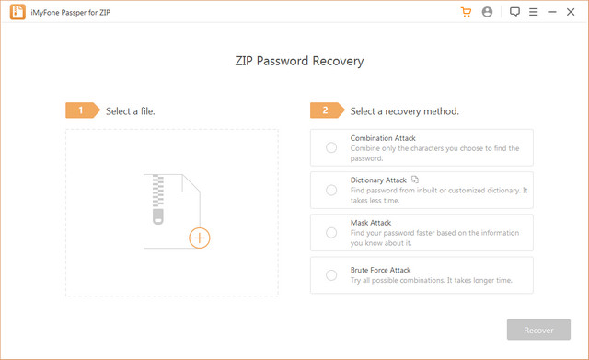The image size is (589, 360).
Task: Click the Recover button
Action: [538, 330]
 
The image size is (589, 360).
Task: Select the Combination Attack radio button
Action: [331, 147]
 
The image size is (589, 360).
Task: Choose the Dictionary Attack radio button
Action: [331, 190]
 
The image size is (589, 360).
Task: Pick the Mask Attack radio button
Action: [331, 232]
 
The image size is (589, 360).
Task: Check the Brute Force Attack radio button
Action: [331, 274]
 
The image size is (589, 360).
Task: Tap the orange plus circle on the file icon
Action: [200, 238]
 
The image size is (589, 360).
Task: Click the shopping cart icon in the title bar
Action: [466, 12]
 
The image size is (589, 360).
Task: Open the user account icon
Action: [487, 12]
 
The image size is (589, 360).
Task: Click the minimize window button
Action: [554, 12]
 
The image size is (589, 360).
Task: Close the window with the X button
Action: [573, 12]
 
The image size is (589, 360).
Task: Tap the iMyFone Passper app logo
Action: [14, 12]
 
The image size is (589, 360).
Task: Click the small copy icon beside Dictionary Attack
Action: [415, 180]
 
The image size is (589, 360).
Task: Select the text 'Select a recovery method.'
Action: [404, 111]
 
